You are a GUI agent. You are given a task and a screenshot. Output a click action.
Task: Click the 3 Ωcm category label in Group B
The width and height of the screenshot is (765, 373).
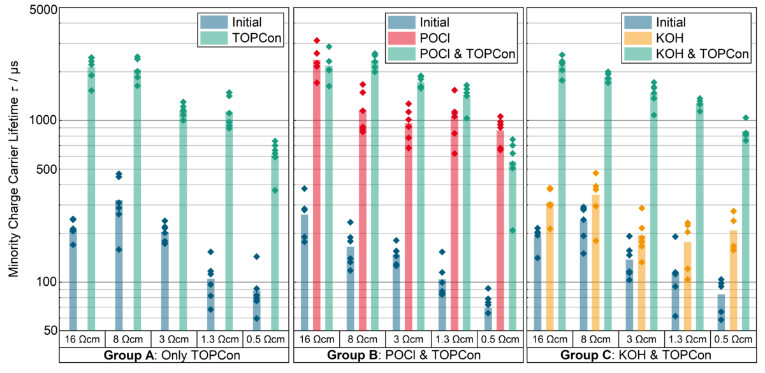[x=408, y=338]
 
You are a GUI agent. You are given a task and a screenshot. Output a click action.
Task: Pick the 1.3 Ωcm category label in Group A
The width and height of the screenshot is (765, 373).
[x=219, y=338]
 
